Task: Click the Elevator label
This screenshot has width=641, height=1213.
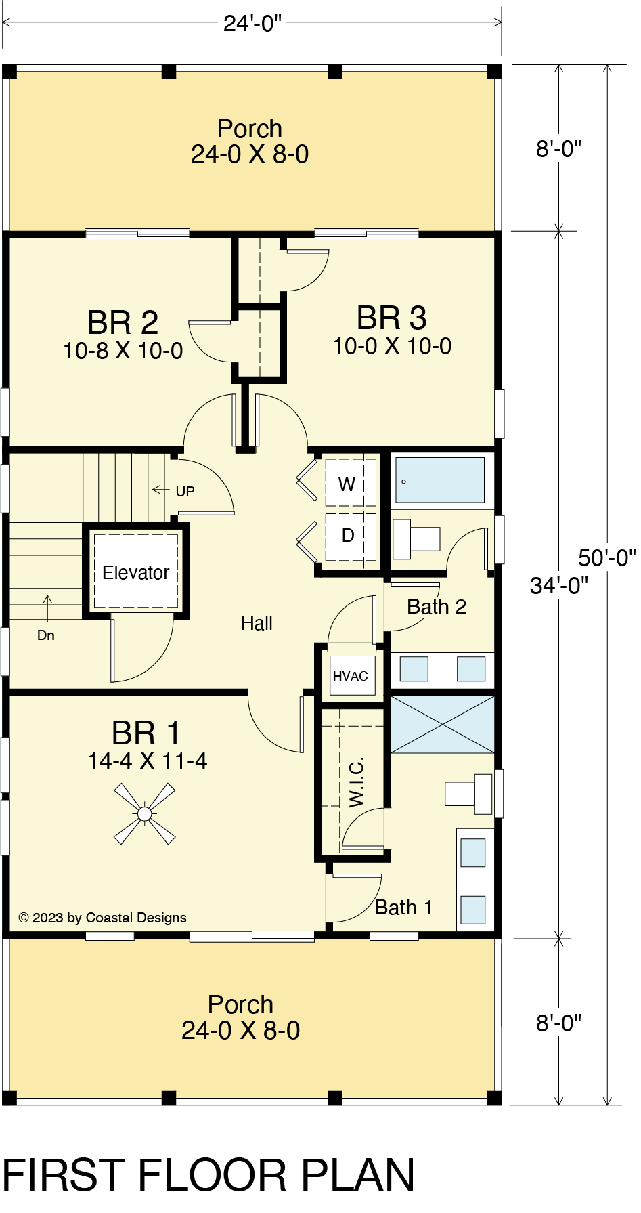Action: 135,573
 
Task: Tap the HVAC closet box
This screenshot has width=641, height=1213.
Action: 351,676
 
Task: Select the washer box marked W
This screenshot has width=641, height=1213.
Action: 351,482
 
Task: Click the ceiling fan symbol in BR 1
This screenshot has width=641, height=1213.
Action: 144,813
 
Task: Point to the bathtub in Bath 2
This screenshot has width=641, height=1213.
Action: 440,480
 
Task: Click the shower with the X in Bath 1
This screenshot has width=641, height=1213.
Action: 443,724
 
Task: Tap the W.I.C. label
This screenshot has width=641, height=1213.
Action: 357,782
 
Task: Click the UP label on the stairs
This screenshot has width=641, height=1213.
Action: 185,491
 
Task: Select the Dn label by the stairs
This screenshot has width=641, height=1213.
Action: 46,635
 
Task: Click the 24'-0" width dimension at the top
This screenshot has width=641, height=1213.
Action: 252,24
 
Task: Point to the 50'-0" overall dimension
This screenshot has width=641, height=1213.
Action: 607,557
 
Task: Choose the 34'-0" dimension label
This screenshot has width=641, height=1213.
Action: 559,585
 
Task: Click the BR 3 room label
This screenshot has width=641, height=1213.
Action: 392,318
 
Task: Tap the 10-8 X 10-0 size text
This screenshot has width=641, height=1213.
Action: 123,351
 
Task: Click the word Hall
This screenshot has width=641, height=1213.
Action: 257,624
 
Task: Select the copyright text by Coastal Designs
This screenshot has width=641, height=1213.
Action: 103,918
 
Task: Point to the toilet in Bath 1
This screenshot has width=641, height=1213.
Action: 468,794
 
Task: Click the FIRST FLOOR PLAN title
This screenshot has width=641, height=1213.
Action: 208,1176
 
